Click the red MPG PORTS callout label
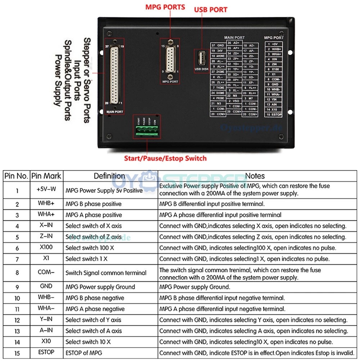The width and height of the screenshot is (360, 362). (x=165, y=7)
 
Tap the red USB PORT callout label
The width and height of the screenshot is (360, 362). (x=211, y=9)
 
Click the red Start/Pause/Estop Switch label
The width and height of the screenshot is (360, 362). (x=165, y=158)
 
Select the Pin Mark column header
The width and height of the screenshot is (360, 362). (x=46, y=176)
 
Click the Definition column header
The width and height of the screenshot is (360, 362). (x=109, y=176)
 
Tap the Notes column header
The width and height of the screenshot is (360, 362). (x=255, y=176)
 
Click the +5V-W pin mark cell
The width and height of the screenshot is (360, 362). (x=46, y=189)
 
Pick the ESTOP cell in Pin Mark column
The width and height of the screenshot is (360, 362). (x=46, y=353)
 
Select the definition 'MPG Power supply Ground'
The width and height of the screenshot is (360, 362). (x=100, y=287)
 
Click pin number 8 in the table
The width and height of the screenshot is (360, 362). (x=17, y=273)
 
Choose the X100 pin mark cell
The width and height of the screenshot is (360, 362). (x=46, y=248)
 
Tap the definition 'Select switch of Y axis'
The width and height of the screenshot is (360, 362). (x=93, y=320)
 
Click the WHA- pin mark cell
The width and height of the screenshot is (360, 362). (x=46, y=309)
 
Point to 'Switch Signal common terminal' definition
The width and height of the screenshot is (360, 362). (x=106, y=273)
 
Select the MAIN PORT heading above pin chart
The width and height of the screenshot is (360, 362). (x=234, y=37)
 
